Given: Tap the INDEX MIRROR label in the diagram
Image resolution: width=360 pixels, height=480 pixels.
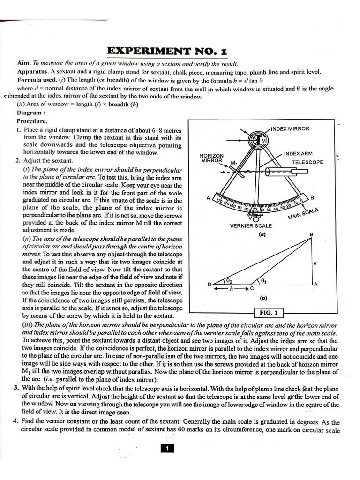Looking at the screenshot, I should coord(290,129).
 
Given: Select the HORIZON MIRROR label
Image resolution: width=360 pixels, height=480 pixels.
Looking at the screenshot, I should coord(212,157).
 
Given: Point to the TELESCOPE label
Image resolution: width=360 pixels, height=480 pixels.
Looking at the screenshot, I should coord(307,162).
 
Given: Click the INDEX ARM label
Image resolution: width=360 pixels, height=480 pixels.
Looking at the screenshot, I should coord(298,154).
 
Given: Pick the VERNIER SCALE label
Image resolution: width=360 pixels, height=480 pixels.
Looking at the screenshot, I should coord(251,226).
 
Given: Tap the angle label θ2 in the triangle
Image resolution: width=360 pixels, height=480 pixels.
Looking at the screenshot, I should coord(229,280).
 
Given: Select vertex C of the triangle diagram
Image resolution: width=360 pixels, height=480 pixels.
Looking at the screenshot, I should coord(252,288).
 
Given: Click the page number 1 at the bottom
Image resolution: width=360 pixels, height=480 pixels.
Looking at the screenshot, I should coord(167,449).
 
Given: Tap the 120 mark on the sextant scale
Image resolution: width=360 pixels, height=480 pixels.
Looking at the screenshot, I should coord(218,201).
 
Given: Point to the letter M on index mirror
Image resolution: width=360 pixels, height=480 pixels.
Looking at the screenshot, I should coord(263,141).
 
